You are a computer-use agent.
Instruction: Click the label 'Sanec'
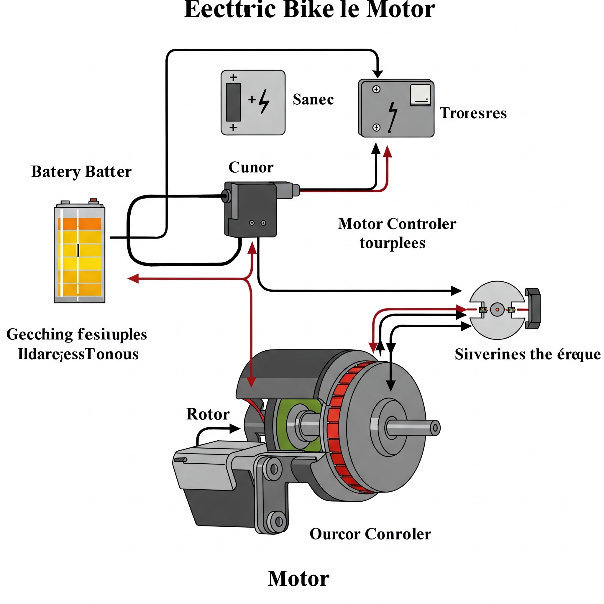(313, 99)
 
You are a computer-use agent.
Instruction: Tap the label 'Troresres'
(473, 113)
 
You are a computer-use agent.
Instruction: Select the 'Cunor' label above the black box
(251, 167)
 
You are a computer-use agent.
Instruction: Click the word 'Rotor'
(208, 414)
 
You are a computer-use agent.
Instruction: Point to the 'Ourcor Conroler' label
(370, 534)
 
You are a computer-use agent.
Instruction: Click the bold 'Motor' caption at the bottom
(298, 578)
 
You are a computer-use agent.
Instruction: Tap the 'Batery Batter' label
(81, 172)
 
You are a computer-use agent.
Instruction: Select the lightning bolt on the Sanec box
(264, 101)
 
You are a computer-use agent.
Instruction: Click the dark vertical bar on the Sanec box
(233, 102)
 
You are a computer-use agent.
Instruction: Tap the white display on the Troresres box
(420, 94)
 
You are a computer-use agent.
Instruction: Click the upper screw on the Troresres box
(376, 89)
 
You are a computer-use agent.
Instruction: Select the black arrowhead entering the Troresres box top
(378, 74)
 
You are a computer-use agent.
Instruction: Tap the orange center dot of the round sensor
(497, 309)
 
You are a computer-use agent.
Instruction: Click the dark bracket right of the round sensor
(533, 308)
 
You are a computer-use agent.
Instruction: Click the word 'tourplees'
(392, 243)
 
